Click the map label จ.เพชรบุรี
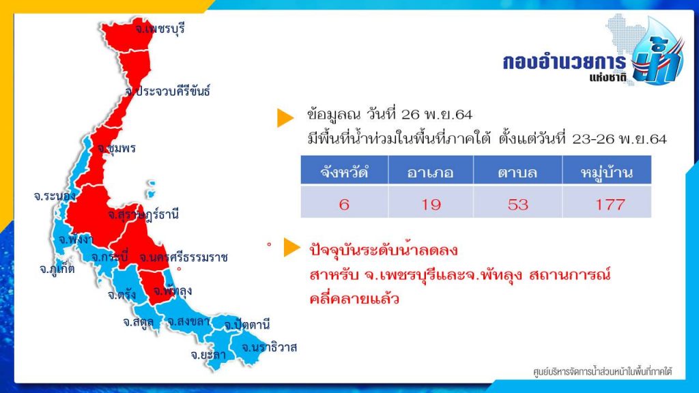[x=160, y=29]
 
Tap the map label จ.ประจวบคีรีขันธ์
[x=167, y=91]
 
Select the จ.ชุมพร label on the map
[x=116, y=148]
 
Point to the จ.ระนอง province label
[x=55, y=196]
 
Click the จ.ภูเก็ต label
[x=57, y=269]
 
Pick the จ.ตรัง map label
[x=122, y=295]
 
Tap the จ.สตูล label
[x=138, y=322]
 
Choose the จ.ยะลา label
[x=208, y=355]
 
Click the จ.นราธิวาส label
[x=269, y=347]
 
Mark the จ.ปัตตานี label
[x=247, y=325]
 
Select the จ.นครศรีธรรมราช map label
[x=184, y=257]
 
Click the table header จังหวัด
[x=344, y=172]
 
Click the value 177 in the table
[x=610, y=205]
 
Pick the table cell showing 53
[x=517, y=205]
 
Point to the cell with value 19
[x=431, y=205]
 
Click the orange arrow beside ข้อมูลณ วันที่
[x=285, y=117]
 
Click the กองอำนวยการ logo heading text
[x=564, y=62]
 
